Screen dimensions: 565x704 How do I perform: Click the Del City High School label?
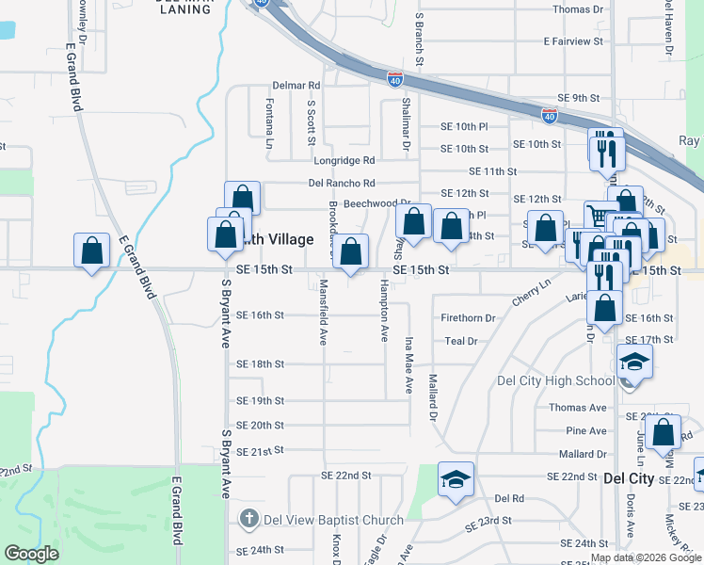(555, 381)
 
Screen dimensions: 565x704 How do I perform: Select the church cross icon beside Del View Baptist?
(248, 517)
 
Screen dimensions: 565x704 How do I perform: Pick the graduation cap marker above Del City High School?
(634, 362)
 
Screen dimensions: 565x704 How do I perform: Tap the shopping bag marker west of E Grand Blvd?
(91, 251)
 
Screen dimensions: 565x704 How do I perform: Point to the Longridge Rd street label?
(344, 160)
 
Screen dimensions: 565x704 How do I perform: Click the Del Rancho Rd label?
(342, 183)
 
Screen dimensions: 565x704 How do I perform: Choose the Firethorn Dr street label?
(468, 318)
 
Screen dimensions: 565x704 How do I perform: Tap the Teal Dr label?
(461, 341)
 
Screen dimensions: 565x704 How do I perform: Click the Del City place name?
(628, 478)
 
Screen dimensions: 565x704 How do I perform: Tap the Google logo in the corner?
(31, 554)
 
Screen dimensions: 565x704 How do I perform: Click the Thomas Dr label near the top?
(578, 9)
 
